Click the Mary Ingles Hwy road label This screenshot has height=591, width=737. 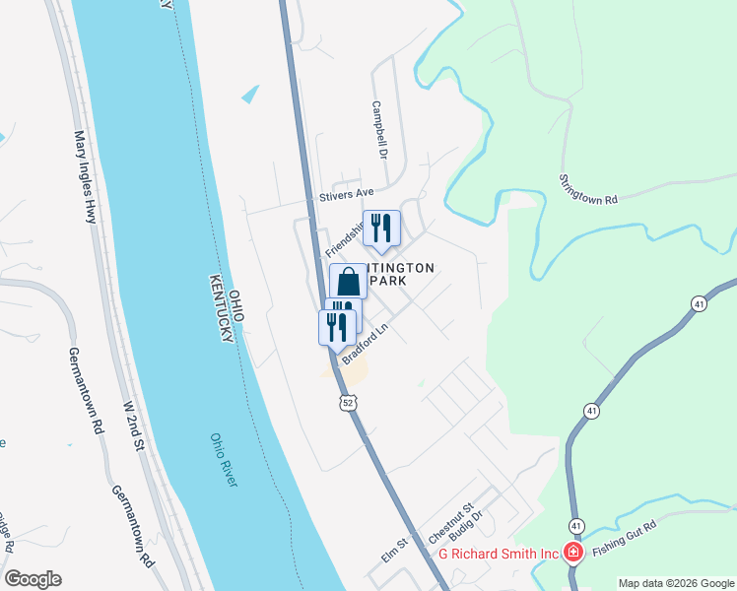click(x=85, y=176)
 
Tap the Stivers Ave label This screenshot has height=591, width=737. click(x=348, y=194)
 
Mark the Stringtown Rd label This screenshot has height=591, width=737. click(x=587, y=188)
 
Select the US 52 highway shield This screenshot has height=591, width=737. click(x=347, y=403)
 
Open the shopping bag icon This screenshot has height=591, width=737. click(x=349, y=283)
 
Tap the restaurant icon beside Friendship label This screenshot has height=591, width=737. click(x=381, y=229)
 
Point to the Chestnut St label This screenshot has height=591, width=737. click(x=452, y=522)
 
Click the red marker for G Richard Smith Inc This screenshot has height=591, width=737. click(x=572, y=553)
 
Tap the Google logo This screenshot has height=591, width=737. click(x=33, y=579)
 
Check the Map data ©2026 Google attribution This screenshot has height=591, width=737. click(x=675, y=583)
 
